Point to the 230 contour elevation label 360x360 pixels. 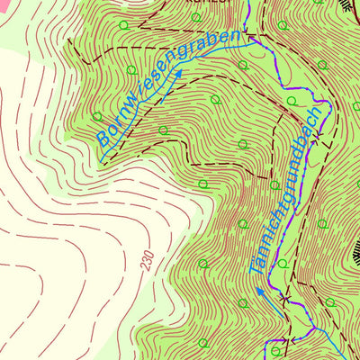point(146,262)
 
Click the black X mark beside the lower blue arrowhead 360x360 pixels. point(284,297)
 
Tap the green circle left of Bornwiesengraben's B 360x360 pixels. point(97,116)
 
